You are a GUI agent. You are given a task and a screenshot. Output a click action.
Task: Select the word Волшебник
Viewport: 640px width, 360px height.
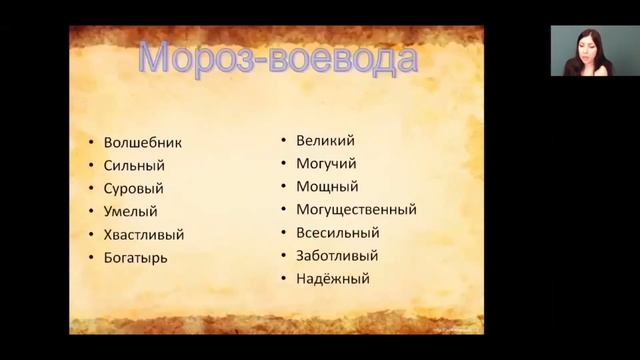[143, 143]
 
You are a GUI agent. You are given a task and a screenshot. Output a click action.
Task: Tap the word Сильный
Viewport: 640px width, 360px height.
[134, 166]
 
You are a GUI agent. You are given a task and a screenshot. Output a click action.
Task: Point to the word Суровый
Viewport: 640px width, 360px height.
[133, 189]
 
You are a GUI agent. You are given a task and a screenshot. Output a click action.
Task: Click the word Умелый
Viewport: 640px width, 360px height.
[130, 212]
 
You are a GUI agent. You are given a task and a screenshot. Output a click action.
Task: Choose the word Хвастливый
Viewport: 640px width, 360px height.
[144, 235]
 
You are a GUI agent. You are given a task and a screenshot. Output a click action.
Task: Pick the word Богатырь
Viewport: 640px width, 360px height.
[135, 258]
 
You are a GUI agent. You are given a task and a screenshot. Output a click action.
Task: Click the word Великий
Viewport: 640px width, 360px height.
[326, 141]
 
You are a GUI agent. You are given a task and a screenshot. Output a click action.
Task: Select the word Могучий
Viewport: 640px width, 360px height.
[327, 164]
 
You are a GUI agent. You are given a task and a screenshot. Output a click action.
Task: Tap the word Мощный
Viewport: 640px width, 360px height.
[327, 187]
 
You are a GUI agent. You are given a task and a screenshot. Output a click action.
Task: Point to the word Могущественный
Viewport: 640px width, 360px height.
[356, 210]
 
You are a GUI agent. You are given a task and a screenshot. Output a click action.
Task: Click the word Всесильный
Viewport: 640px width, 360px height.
[338, 233]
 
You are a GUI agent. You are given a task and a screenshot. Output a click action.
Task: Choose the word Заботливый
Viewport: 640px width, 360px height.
[338, 256]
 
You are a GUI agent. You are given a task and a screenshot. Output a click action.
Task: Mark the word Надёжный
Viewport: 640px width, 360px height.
[333, 279]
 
